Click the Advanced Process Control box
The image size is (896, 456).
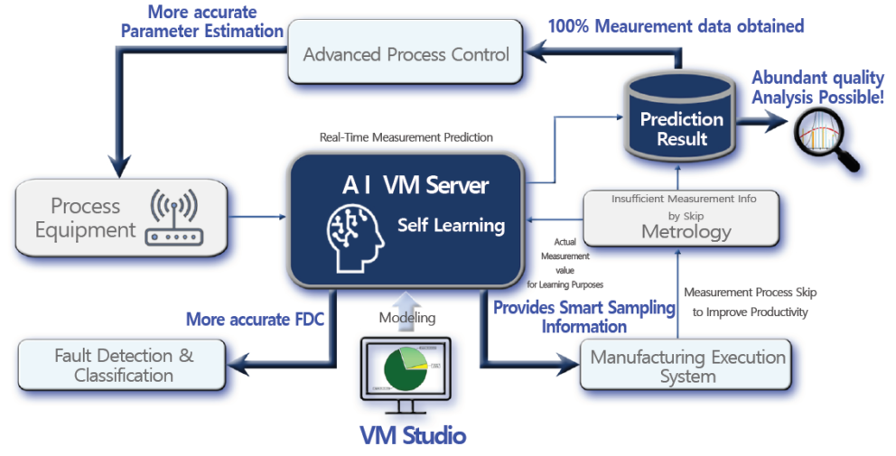406,55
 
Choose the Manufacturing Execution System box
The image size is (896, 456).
687,366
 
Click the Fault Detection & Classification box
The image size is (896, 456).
124,364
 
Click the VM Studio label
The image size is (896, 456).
412,436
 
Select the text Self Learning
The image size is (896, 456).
451,225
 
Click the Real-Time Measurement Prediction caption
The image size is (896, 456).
406,137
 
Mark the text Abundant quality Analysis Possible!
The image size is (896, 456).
817,87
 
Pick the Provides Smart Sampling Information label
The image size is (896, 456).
583,316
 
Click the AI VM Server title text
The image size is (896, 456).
415,186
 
